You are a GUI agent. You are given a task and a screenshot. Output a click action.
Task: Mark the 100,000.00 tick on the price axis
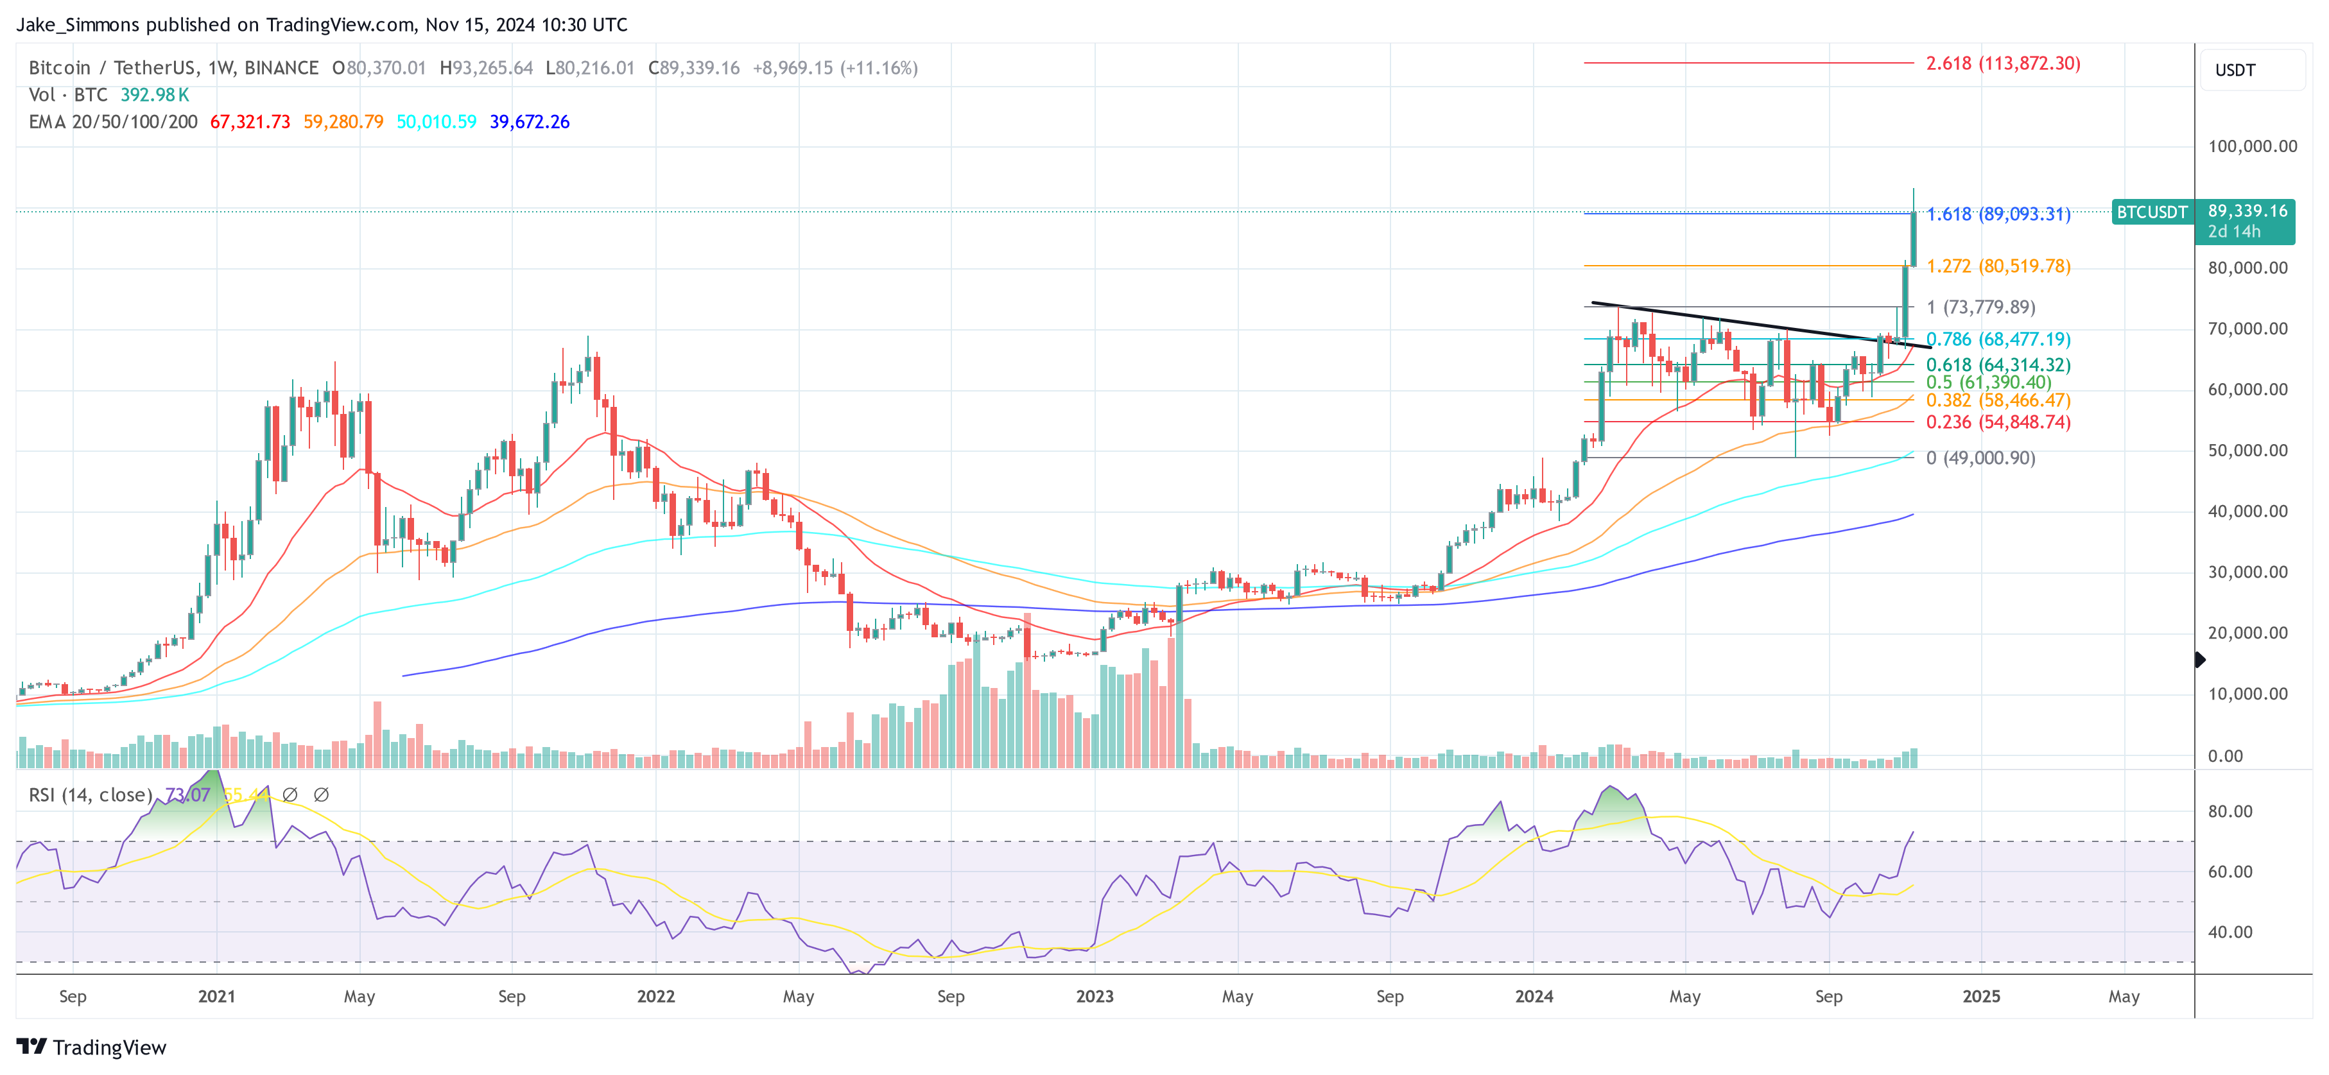click(x=2252, y=146)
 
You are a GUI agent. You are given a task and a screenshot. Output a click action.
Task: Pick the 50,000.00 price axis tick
click(x=2247, y=451)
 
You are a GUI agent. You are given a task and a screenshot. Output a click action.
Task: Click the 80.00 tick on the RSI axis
click(x=2229, y=811)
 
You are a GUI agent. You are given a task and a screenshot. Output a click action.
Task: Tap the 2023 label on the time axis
click(x=1094, y=996)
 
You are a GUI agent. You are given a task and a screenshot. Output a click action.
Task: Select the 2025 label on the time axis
click(x=1981, y=996)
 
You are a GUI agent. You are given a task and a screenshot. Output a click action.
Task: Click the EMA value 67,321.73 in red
click(x=250, y=122)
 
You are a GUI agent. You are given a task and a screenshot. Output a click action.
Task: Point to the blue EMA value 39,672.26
click(x=529, y=122)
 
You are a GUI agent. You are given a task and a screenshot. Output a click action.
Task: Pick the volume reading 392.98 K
click(x=155, y=95)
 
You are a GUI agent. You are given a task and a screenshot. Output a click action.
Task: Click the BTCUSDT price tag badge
click(x=2152, y=212)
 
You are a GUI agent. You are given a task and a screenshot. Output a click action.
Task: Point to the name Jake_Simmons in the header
click(x=78, y=24)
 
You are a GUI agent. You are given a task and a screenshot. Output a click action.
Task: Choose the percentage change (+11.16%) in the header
click(x=879, y=68)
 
